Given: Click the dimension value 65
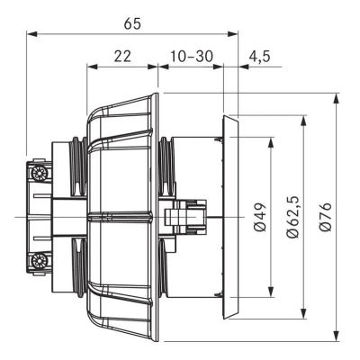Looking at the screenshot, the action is pos(132,24).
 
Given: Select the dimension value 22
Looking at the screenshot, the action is pos(122,56).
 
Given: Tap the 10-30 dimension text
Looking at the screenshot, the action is pos(192,56).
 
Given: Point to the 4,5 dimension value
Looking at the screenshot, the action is pos(259,56).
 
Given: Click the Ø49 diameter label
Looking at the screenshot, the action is pos(260,217).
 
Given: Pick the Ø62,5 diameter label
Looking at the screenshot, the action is pos(292,217).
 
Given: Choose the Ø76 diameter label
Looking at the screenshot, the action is pos(325,217).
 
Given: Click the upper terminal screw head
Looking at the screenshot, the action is pos(39,173).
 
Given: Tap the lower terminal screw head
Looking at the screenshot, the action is pos(39,260).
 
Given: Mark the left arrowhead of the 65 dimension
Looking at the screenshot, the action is pos(31,34).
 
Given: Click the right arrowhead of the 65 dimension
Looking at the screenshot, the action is pos(232,34).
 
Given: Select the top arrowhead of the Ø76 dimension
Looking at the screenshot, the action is pos(337,99).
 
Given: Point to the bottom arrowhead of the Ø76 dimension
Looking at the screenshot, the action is pos(337,336).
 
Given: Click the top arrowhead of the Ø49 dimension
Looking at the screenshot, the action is pos(271,142).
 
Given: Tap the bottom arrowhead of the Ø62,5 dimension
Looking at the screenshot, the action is pos(304,313).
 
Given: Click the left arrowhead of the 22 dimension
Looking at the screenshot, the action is pos(92,67).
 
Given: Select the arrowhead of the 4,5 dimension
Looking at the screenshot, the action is pos(244,67).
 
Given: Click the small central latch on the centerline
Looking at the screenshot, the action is pos(185,217).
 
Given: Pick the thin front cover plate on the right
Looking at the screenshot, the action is pos(230,217).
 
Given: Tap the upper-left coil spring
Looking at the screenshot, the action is pos(79,167).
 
